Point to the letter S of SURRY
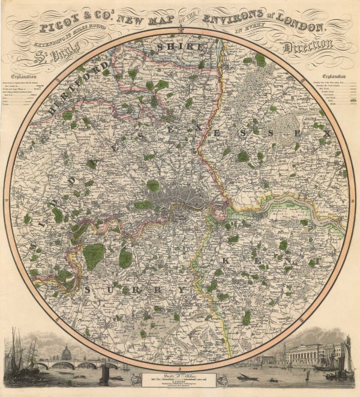pyautogui.click(x=89, y=289)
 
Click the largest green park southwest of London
pyautogui.click(x=94, y=256)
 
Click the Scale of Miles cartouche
pyautogui.click(x=180, y=379)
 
